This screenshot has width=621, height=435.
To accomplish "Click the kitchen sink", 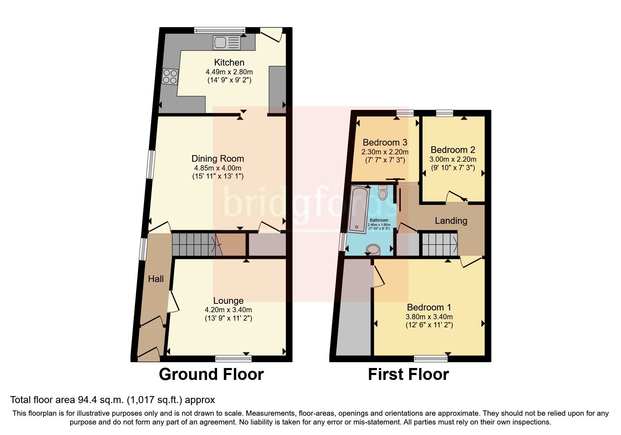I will point(227,43).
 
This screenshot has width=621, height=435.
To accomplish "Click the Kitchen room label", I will point(229,62).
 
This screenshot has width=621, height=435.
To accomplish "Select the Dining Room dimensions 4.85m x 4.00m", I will point(217,168).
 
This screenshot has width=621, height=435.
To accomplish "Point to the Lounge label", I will point(228,301).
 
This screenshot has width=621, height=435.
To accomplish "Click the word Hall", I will point(156,279).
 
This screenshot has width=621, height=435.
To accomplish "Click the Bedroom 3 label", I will point(385,142).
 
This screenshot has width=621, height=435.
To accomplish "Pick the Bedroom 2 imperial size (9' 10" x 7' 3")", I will point(453,168).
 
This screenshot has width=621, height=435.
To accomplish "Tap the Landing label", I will point(451,221).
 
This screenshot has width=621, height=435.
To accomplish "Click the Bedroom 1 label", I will point(429,307).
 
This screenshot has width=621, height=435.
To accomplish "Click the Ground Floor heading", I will point(211,374).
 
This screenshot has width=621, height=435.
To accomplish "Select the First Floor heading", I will point(408,374).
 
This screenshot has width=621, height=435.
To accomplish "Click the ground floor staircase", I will point(193,244).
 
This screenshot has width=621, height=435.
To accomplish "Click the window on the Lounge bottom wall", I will point(233,358).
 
